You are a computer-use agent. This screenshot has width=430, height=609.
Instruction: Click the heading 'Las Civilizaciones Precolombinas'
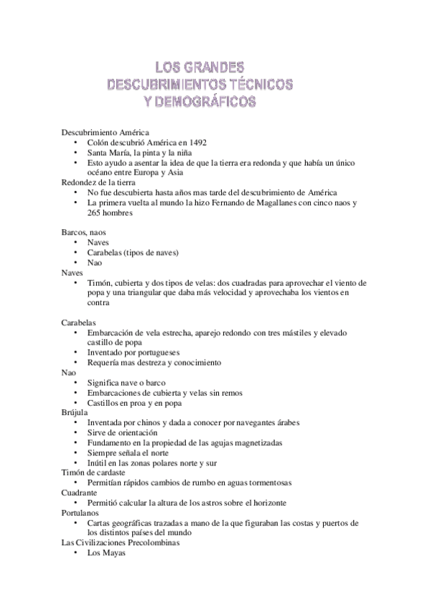click(121, 544)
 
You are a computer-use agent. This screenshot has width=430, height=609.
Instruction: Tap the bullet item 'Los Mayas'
click(106, 554)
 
